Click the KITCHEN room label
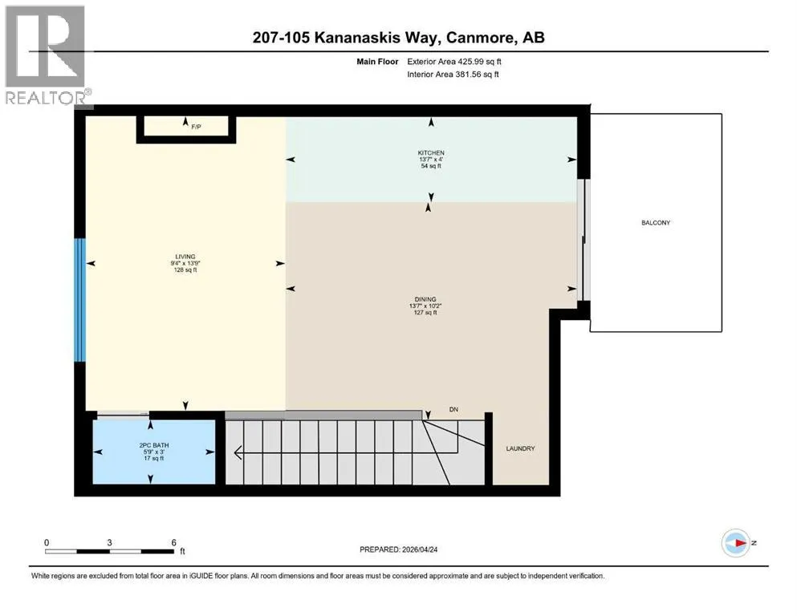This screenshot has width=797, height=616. pyautogui.click(x=431, y=153)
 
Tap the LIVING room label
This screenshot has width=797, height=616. pyautogui.click(x=185, y=257)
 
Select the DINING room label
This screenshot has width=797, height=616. pyautogui.click(x=425, y=300)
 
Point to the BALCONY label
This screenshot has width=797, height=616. pyautogui.click(x=656, y=222)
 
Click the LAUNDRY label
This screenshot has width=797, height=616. pyautogui.click(x=520, y=448)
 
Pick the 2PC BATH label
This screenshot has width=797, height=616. pyautogui.click(x=154, y=445)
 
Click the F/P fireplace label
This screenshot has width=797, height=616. pyautogui.click(x=196, y=127)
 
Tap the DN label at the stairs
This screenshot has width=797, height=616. pyautogui.click(x=454, y=409)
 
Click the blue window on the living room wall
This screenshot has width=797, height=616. pyautogui.click(x=79, y=300)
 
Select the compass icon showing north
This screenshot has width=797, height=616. pyautogui.click(x=736, y=543)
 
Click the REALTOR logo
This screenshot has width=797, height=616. pyautogui.click(x=47, y=55)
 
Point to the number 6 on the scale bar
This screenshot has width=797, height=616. pyautogui.click(x=174, y=542)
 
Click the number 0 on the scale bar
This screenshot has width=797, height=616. pyautogui.click(x=47, y=542)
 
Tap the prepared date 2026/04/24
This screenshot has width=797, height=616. pyautogui.click(x=421, y=549)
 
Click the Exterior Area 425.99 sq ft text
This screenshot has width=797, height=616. pyautogui.click(x=454, y=62)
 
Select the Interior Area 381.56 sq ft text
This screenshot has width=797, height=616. pyautogui.click(x=453, y=74)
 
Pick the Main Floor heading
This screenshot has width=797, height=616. pyautogui.click(x=377, y=62)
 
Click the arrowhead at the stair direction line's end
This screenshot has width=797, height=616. pyautogui.click(x=237, y=452)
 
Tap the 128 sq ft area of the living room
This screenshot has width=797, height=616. pyautogui.click(x=185, y=270)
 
